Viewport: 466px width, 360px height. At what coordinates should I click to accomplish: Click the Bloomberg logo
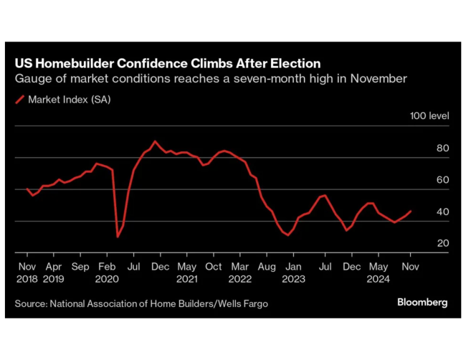coord(422,303)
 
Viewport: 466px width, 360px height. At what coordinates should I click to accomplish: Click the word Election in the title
coord(287,63)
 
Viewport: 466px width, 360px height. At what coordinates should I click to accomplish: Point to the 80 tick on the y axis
coord(442,148)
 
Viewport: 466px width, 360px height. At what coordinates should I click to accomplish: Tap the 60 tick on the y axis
coord(442,180)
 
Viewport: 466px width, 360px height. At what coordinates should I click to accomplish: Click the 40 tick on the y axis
coord(442,212)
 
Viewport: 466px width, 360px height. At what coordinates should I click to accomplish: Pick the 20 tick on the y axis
coord(442,244)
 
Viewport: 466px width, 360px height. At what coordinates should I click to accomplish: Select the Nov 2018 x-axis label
coord(27,272)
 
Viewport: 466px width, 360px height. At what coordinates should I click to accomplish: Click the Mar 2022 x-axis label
coord(240,272)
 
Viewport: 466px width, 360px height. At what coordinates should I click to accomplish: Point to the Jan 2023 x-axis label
coord(293,272)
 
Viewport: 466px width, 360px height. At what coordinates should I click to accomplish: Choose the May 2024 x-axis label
coord(379,272)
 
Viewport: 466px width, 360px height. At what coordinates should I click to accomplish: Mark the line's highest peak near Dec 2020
coord(154,141)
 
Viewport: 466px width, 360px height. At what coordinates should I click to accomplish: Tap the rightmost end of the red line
coord(411,211)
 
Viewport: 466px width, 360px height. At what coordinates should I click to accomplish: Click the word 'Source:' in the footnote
coord(30,303)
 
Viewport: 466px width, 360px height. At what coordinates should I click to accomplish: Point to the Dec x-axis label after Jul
coord(351,266)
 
